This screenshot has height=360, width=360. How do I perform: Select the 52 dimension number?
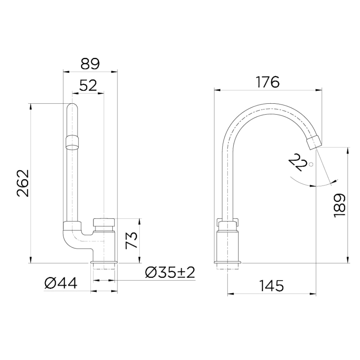click(x=88, y=85)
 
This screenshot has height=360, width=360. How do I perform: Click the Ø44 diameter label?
click(x=61, y=284)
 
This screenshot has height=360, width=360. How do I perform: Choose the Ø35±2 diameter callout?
click(x=170, y=273)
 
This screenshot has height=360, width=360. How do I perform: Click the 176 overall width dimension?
click(x=267, y=82)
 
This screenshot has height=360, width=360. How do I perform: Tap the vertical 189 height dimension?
click(x=339, y=205)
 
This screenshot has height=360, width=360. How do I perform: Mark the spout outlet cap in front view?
click(x=72, y=141)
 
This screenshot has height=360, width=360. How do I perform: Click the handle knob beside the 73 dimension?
click(x=104, y=222)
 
